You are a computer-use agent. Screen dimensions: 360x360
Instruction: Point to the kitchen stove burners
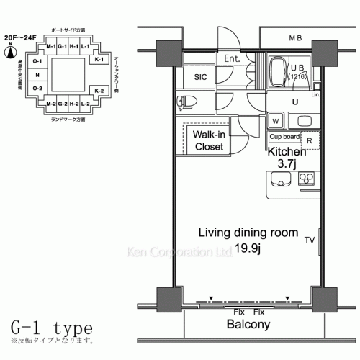306,177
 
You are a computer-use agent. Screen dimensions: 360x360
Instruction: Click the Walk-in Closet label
210,140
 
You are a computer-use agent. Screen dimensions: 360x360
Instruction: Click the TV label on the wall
309,239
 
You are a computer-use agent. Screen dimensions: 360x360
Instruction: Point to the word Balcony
248,325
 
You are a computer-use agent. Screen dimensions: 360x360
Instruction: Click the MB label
296,37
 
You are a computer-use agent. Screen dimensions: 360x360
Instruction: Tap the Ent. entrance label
231,58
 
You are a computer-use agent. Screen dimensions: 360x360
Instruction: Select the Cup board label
284,135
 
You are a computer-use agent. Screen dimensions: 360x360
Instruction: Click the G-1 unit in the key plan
63,48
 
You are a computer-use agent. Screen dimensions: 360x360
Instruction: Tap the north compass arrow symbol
9,51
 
